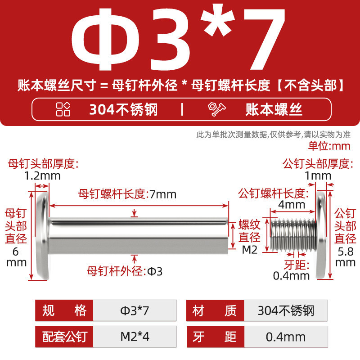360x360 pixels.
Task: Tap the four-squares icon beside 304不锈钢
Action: click(x=63, y=109)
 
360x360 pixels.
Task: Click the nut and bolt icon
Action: click(x=216, y=109)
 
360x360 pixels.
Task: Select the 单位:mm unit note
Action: click(x=329, y=146)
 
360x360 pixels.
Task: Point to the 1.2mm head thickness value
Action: click(x=42, y=176)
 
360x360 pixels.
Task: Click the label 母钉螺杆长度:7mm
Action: click(x=127, y=194)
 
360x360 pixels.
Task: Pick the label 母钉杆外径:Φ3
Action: click(x=125, y=271)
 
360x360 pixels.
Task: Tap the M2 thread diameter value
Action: click(x=250, y=250)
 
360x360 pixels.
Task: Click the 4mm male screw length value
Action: click(x=292, y=204)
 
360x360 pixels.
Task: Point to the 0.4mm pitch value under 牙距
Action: click(x=291, y=276)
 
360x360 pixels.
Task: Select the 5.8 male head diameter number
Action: click(x=346, y=252)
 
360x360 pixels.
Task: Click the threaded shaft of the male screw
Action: click(x=293, y=235)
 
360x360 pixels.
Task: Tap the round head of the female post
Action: click(x=43, y=235)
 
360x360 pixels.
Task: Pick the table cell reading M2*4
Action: click(x=135, y=337)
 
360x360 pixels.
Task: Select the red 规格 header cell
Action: click(x=64, y=310)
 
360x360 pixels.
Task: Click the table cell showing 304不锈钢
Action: click(x=286, y=310)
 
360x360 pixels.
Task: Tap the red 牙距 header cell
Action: click(x=216, y=337)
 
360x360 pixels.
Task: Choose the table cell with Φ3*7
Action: click(x=135, y=310)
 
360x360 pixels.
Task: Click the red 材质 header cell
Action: click(x=215, y=310)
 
